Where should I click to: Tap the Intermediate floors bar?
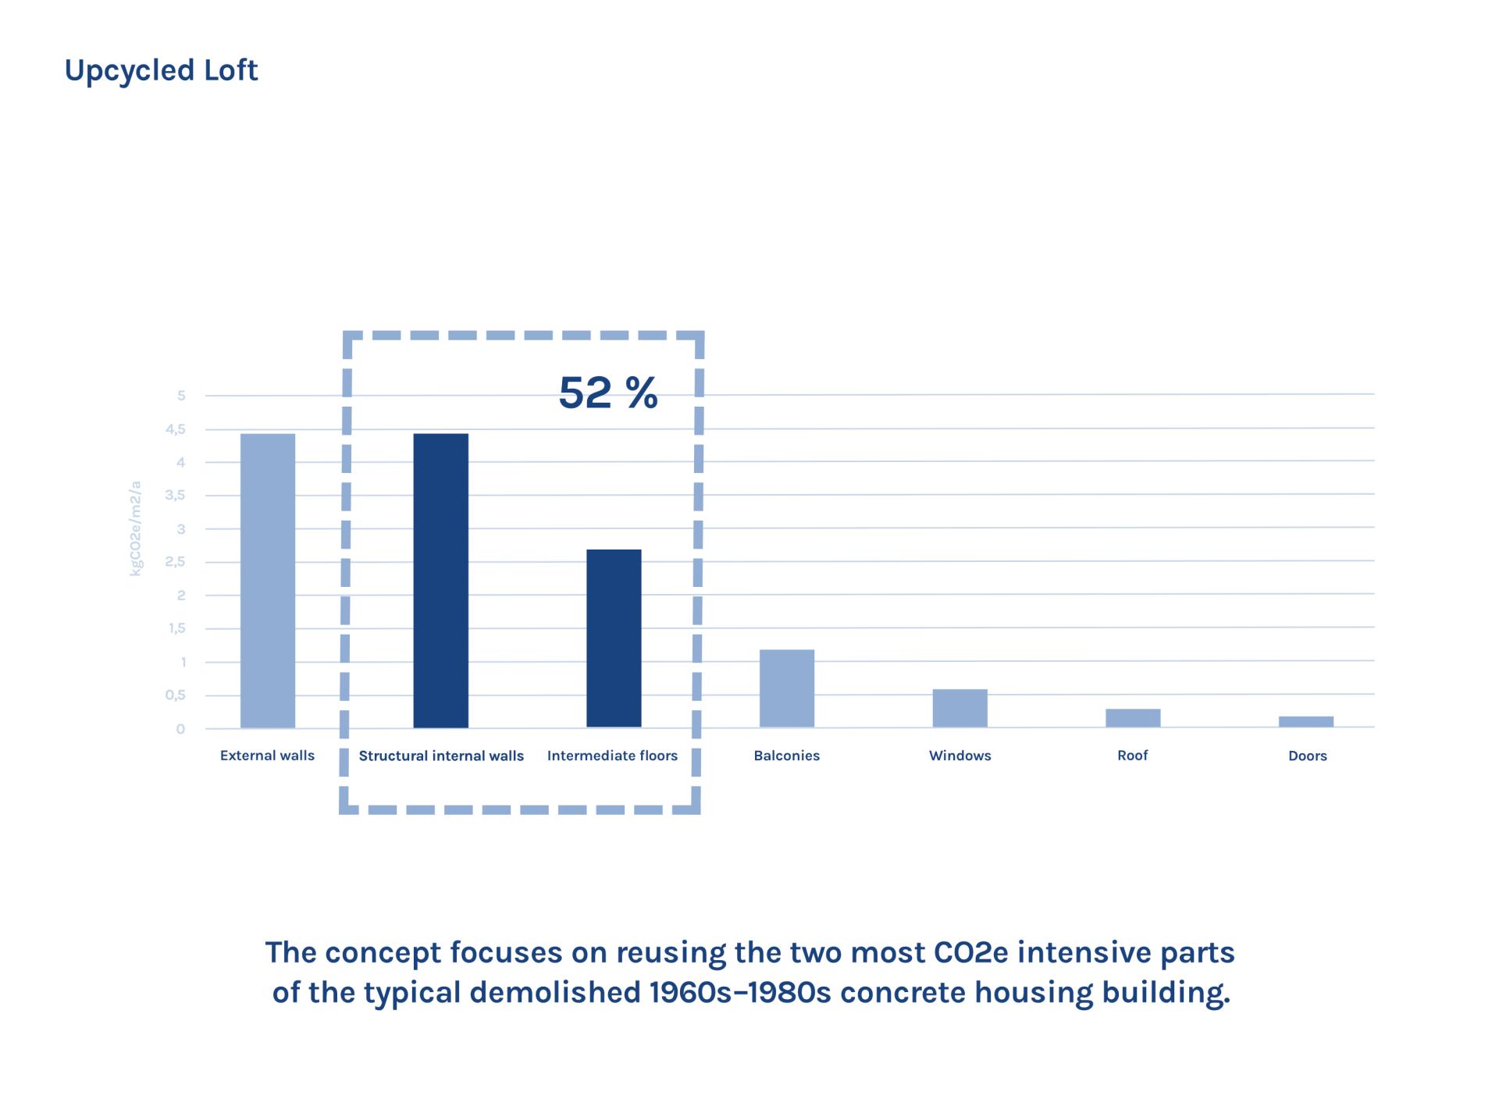(614, 638)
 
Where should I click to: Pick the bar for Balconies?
(787, 688)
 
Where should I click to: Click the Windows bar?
(960, 708)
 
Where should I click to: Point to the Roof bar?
(1133, 717)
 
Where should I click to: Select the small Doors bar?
(1306, 721)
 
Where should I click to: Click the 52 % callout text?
(608, 393)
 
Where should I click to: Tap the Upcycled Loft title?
(161, 70)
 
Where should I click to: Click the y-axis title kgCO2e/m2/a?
(136, 528)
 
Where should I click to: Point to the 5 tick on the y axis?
(181, 396)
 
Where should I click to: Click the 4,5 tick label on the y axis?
(176, 429)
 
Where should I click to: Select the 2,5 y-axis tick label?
(176, 562)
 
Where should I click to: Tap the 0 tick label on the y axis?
(181, 729)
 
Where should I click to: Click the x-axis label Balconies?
(787, 756)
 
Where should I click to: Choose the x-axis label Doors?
(1308, 756)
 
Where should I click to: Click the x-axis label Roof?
(1133, 756)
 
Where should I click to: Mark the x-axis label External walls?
(267, 756)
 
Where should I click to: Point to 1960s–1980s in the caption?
(740, 993)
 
